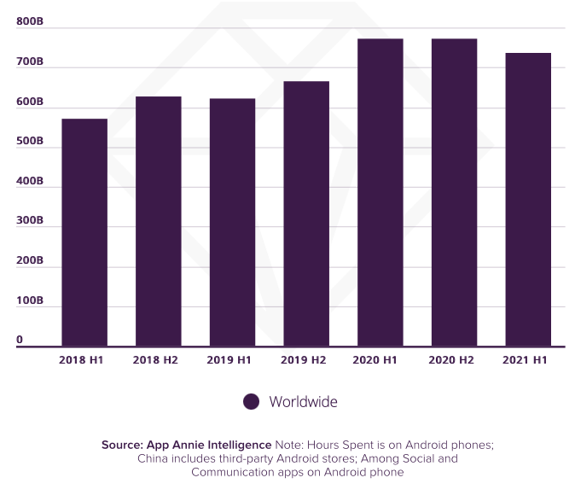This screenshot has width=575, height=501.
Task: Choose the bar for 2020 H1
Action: point(380,192)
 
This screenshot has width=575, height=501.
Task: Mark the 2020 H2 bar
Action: point(454,192)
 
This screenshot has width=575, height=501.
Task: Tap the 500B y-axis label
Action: point(30,141)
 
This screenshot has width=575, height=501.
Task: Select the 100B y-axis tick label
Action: point(30,300)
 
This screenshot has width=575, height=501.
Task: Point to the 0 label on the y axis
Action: point(20,340)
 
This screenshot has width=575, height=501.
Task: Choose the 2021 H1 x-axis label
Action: point(528,360)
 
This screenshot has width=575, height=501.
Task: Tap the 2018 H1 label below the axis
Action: point(82,360)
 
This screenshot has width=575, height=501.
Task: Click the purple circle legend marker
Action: point(251,402)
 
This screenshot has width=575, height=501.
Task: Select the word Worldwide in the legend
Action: point(304,402)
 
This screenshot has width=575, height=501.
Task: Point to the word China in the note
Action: point(154,458)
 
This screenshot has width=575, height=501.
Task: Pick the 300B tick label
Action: point(30,221)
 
